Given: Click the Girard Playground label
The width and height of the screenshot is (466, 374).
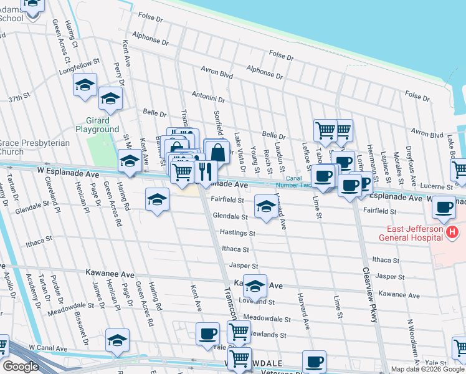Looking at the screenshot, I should click(97, 125).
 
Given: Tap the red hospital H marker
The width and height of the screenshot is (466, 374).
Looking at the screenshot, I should click(453, 233).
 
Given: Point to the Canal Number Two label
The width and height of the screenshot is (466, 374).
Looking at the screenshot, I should click(290, 181).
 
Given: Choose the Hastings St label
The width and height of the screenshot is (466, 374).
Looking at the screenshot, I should click(238, 233).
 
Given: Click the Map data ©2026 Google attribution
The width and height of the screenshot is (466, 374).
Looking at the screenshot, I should click(427, 369).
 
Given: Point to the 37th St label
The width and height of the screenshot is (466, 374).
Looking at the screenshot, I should click(19, 98).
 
